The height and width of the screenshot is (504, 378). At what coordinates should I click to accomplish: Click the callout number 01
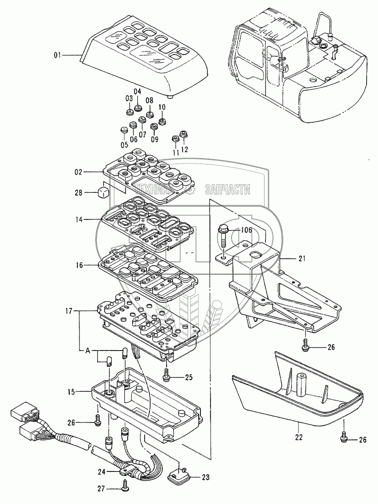tap(57, 55)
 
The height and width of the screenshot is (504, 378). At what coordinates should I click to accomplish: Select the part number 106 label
tap(246, 230)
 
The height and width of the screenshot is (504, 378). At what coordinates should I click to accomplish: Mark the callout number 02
tap(78, 172)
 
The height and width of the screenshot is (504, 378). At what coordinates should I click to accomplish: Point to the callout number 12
tap(185, 148)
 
